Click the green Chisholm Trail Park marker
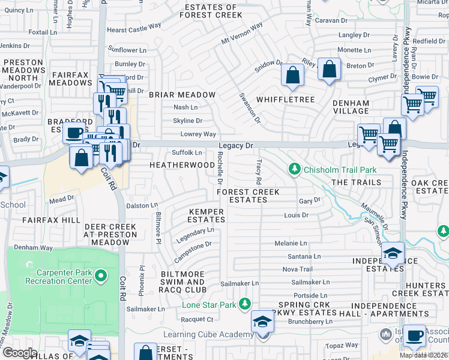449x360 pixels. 294,170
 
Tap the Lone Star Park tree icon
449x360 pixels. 244,304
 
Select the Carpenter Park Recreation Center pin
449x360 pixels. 101,276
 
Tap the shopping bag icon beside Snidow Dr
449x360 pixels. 292,76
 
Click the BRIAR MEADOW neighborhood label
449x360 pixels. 182,95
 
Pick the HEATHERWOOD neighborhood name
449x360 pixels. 182,164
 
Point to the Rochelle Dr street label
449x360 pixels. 220,168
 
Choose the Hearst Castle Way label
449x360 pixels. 134,28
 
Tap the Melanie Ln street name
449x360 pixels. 291,243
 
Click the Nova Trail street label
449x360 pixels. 298,269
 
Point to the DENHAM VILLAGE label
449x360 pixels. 351,107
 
